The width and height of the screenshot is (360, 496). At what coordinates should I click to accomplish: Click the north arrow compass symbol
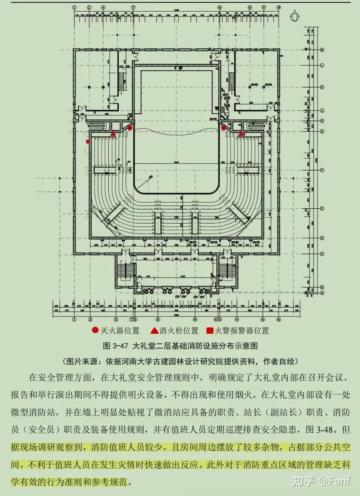click(x=294, y=17)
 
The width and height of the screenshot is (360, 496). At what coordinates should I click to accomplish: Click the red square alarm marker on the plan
click(x=87, y=141)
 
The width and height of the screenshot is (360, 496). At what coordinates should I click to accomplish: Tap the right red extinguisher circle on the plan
click(x=223, y=128)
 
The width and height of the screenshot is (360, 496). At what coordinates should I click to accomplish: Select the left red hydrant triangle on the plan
click(x=113, y=133)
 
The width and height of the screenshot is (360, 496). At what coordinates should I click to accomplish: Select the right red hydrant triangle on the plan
click(x=241, y=133)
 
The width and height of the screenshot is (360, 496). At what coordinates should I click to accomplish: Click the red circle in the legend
click(x=95, y=331)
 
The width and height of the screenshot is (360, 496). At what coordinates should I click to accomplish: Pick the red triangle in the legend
click(x=154, y=331)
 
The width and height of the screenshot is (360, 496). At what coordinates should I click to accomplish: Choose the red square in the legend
click(x=209, y=331)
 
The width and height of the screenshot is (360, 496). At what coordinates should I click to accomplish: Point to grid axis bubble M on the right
click(x=322, y=50)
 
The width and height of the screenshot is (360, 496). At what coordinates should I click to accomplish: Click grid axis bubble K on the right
click(x=322, y=87)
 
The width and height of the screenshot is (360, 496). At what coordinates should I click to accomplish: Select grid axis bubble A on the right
click(x=322, y=292)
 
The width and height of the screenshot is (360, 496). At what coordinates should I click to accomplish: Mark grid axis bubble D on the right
click(x=322, y=238)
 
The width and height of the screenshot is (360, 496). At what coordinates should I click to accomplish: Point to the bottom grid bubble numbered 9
click(x=158, y=319)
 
